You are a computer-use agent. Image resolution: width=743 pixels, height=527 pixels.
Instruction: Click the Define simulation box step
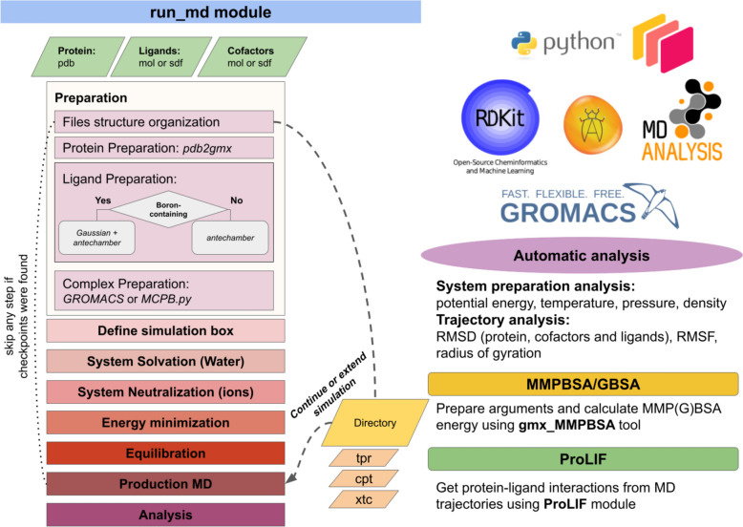[x=167, y=330]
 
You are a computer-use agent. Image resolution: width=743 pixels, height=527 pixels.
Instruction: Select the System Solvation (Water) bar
[x=167, y=361]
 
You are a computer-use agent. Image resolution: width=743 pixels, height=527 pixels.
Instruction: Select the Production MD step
[x=167, y=484]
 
